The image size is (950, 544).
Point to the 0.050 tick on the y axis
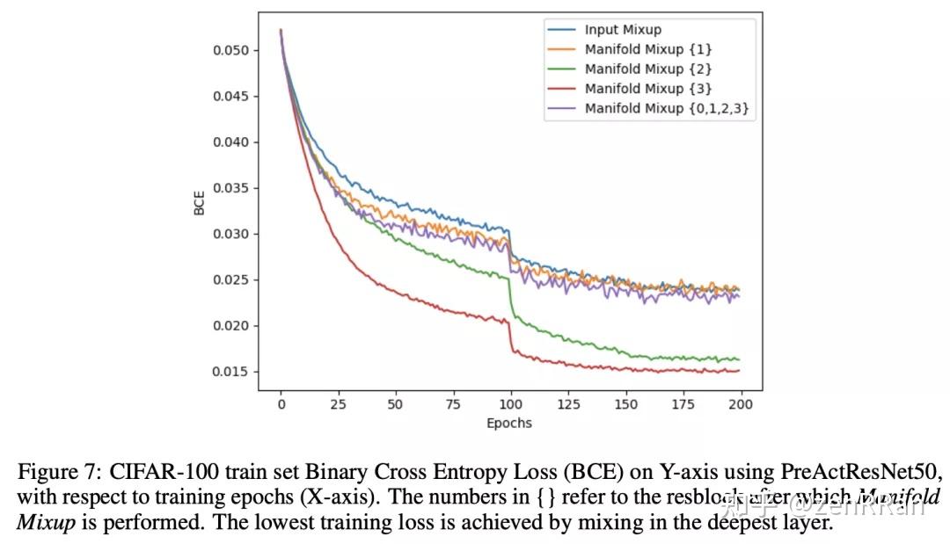pyautogui.click(x=230, y=50)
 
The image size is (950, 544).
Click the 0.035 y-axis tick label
pyautogui.click(x=230, y=188)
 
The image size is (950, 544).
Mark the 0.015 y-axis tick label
pyautogui.click(x=230, y=372)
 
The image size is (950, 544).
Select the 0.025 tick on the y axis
pyautogui.click(x=230, y=280)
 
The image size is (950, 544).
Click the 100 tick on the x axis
pyautogui.click(x=510, y=404)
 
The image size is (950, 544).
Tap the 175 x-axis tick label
pyautogui.click(x=683, y=404)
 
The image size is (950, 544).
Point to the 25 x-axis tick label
pyautogui.click(x=338, y=404)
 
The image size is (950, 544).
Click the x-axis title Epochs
pyautogui.click(x=509, y=423)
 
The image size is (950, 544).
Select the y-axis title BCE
pyautogui.click(x=199, y=203)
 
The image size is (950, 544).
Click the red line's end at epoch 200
pyautogui.click(x=739, y=371)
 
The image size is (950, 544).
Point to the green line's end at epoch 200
pyautogui.click(x=739, y=359)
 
